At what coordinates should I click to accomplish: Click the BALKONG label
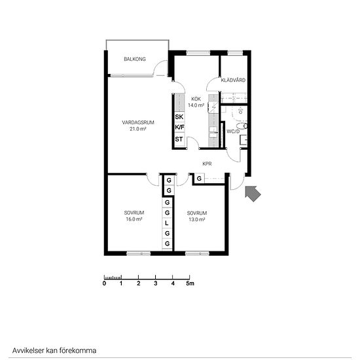click(135, 59)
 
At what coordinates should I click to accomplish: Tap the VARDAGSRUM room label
click(138, 122)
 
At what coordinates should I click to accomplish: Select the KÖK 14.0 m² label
click(196, 102)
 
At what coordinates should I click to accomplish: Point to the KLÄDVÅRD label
click(233, 80)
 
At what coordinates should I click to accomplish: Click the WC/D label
click(233, 132)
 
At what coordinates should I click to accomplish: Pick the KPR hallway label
click(207, 164)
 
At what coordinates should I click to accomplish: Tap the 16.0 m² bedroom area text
click(134, 219)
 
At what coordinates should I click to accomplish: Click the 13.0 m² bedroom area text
click(197, 219)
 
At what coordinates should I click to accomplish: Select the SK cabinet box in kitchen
click(179, 117)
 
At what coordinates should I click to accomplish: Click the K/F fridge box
click(179, 127)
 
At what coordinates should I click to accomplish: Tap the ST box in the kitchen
click(179, 139)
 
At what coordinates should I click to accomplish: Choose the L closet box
click(167, 223)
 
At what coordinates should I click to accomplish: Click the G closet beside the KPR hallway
click(199, 179)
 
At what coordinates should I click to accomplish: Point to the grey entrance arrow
click(253, 194)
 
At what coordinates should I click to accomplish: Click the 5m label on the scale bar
click(190, 283)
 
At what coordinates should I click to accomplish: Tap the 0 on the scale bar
click(105, 283)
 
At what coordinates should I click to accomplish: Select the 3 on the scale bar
click(156, 283)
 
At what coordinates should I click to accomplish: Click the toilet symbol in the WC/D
click(242, 126)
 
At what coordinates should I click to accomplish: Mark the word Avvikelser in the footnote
click(28, 351)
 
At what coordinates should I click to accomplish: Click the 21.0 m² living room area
click(138, 129)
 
